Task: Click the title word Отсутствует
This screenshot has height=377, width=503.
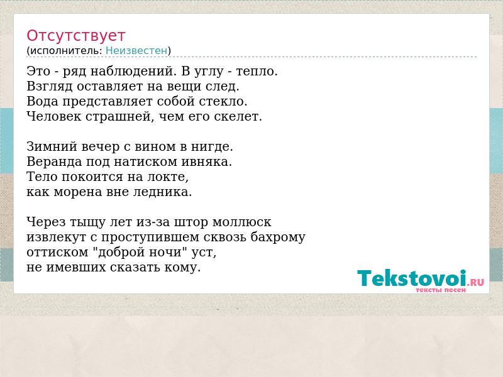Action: pos(75,35)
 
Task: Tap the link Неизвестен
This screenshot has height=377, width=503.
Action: pos(136,50)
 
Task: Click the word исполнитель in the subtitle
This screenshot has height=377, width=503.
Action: pos(66,50)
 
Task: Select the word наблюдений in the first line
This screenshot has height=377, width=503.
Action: pos(133,71)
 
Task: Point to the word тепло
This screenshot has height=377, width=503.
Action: pos(257,71)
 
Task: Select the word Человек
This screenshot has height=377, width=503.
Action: pos(54,116)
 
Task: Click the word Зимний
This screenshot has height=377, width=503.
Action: pos(52,146)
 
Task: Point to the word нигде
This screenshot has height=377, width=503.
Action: pos(212,146)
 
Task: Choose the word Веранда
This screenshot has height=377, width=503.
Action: pos(54,161)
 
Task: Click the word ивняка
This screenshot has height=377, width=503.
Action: pos(207,161)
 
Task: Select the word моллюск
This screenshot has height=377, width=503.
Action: pos(242,222)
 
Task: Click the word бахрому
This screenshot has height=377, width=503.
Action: pos(278,237)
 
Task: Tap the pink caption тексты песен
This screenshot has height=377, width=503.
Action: pos(441,290)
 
